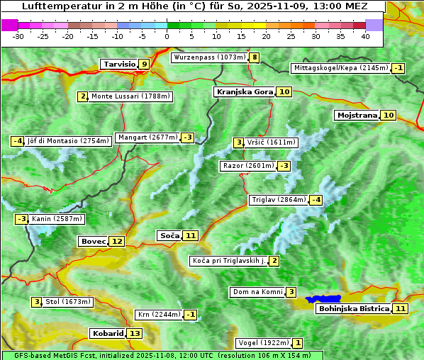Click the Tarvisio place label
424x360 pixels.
coord(119,64)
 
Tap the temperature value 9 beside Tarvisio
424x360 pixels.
coord(145,64)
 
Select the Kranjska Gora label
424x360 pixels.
coord(244,91)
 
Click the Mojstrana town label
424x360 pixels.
coord(357,115)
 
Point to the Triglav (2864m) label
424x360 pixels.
coord(279,200)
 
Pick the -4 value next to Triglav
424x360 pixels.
coord(316,200)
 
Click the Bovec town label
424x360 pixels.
coord(93,241)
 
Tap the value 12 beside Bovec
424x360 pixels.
coord(117,241)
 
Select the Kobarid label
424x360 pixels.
coord(107,333)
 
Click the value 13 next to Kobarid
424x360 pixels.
coord(135,333)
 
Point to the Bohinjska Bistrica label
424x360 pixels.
coord(353,308)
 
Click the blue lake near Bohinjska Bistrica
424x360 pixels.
coord(323,299)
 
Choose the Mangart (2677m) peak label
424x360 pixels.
coord(148,137)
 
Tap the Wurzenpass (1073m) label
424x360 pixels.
coord(210,57)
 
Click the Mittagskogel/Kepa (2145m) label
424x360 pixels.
coord(341,68)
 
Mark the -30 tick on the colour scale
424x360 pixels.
coord(19,35)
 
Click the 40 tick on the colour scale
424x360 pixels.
coord(365,35)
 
